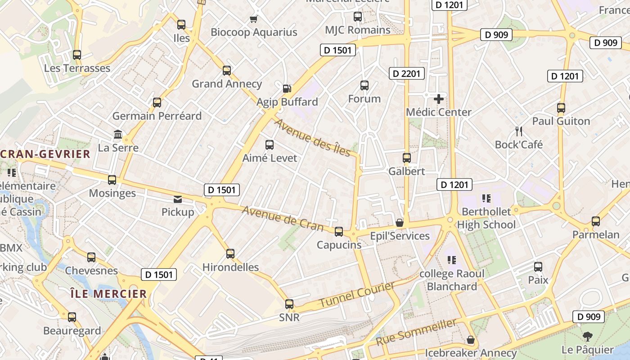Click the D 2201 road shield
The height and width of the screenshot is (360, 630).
(x=406, y=73)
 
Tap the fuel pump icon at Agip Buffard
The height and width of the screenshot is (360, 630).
(x=287, y=89)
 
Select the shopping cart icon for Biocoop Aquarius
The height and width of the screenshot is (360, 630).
(x=253, y=19)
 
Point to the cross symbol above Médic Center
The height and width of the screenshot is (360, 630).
(x=439, y=99)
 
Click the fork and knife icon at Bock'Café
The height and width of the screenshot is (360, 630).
(x=519, y=131)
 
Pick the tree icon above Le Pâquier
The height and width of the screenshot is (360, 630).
(x=587, y=336)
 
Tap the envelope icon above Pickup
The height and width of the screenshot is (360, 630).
(x=178, y=199)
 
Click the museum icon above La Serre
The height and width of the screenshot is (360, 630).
(x=118, y=134)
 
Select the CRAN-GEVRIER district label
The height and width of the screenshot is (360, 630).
(x=45, y=154)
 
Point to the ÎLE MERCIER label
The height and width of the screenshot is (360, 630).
(x=108, y=294)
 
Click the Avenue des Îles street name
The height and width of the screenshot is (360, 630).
(x=313, y=137)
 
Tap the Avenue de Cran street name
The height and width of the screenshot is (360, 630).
(x=283, y=218)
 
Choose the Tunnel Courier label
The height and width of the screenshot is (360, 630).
(x=357, y=295)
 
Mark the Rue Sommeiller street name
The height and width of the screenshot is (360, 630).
(x=416, y=332)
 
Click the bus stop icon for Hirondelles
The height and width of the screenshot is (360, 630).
(x=230, y=254)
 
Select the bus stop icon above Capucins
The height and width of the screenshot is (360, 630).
(x=339, y=232)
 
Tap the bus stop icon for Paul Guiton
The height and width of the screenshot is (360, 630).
(x=561, y=108)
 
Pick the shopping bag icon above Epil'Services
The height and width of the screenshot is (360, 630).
(x=399, y=223)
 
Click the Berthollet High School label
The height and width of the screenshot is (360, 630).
(x=486, y=218)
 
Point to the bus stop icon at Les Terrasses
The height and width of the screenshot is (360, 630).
(x=77, y=55)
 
